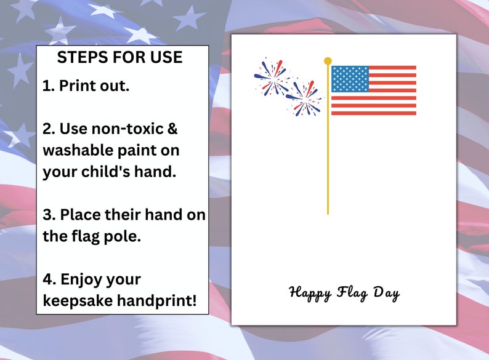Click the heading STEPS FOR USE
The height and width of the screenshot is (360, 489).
click(119, 58)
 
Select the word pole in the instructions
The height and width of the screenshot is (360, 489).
click(122, 236)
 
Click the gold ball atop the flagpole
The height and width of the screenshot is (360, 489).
click(328, 61)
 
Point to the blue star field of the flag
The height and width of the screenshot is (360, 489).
click(350, 79)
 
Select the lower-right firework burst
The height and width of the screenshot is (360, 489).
click(304, 97)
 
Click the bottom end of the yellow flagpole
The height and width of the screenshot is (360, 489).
click(328, 212)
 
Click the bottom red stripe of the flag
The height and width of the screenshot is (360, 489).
click(373, 113)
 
